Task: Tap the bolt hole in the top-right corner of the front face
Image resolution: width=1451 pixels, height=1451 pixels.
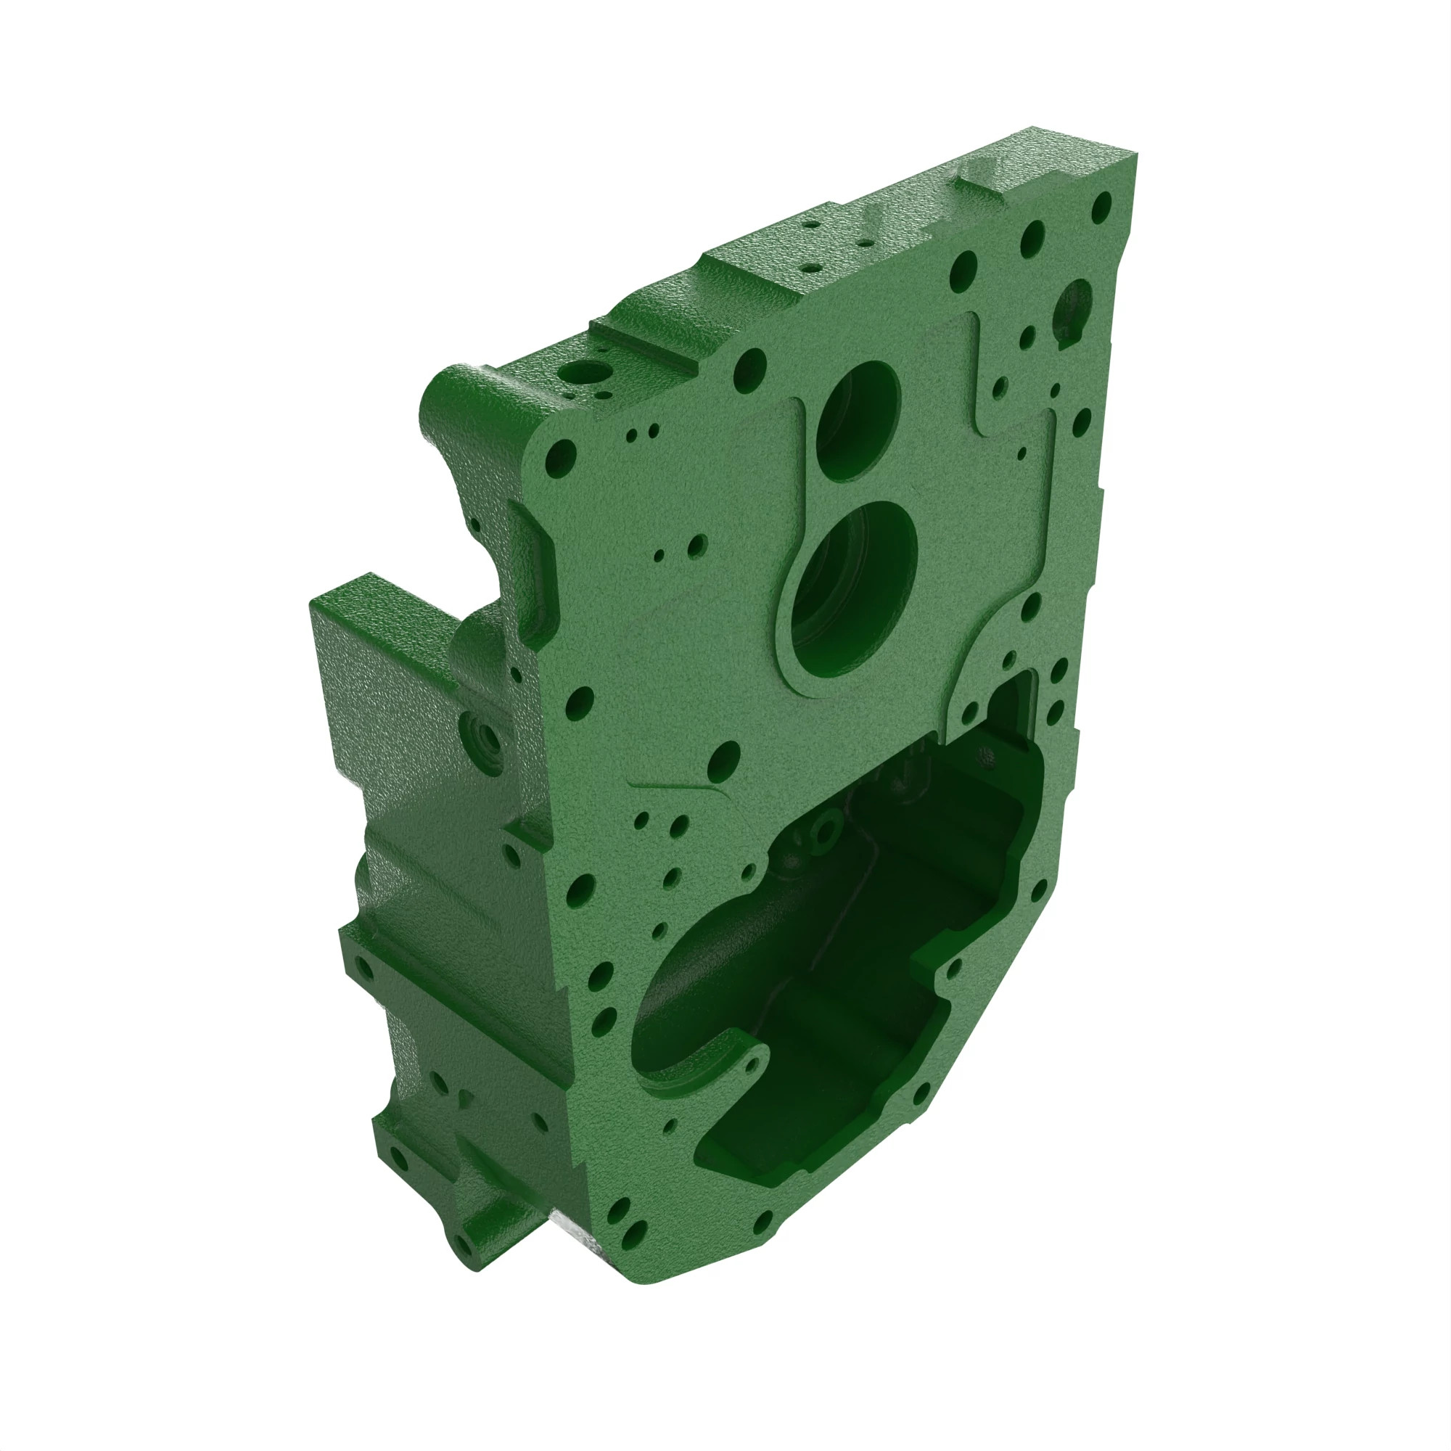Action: coord(1102,203)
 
